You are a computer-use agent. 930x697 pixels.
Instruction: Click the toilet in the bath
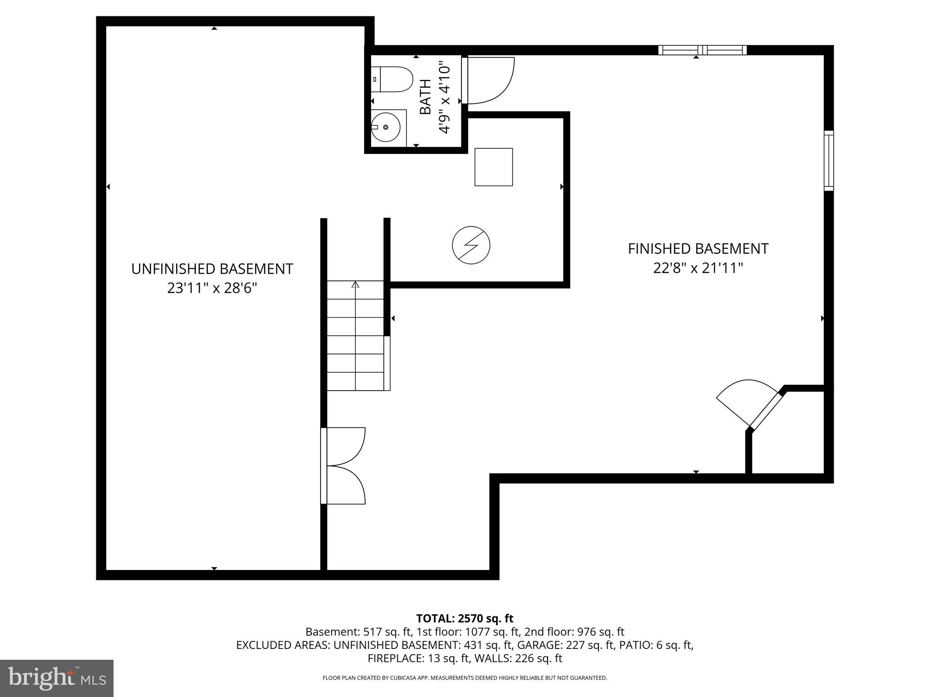coord(391,79)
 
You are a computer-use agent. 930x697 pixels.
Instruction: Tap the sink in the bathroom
coord(386,128)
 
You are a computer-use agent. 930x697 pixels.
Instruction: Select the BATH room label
coord(425,97)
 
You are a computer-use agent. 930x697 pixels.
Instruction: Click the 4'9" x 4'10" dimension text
coord(445,99)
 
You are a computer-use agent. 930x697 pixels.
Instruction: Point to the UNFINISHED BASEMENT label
coord(212,269)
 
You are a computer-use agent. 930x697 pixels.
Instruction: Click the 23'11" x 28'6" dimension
coord(212,288)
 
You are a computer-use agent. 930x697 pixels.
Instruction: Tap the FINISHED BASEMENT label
coord(698,249)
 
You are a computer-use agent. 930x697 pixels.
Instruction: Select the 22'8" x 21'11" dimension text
coord(698,268)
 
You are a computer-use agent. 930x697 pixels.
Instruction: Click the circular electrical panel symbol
coord(471,245)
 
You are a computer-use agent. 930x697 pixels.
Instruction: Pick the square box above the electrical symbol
coord(494,167)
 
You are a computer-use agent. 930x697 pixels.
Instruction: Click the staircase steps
coord(356,345)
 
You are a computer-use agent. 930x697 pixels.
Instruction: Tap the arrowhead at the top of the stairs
coord(356,285)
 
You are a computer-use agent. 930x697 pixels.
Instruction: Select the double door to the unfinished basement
coord(344,466)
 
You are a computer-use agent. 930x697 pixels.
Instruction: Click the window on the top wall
coord(702,50)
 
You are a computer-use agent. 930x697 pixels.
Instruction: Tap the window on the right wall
coord(829,161)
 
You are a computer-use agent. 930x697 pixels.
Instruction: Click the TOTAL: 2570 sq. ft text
coord(465,618)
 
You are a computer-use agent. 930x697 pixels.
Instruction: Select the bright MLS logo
coord(57,678)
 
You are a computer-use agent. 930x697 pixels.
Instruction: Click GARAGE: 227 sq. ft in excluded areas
coord(565,645)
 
